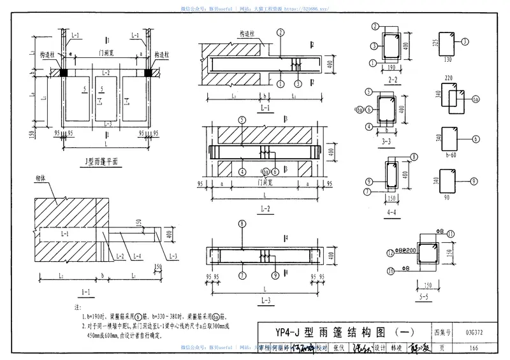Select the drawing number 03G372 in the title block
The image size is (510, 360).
pyautogui.click(x=473, y=332)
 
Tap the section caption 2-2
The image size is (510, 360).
pyautogui.click(x=393, y=80)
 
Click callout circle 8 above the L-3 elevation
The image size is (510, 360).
pyautogui.click(x=243, y=224)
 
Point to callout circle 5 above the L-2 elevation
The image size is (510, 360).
pyautogui.click(x=242, y=120)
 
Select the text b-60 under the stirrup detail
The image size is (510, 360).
pyautogui.click(x=452, y=154)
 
